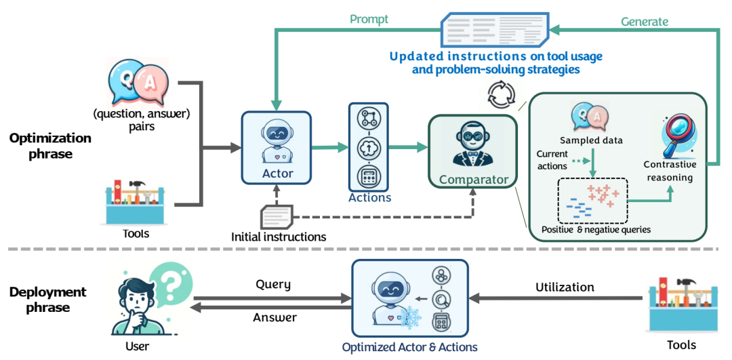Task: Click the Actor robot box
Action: pyautogui.click(x=276, y=148)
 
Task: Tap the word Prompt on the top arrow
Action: pyautogui.click(x=369, y=19)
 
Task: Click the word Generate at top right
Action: pyautogui.click(x=645, y=22)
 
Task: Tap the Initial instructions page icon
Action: pyautogui.click(x=277, y=217)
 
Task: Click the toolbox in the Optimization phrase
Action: pyautogui.click(x=136, y=201)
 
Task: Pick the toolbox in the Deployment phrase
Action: pyautogui.click(x=680, y=306)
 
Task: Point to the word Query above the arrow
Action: pyautogui.click(x=273, y=284)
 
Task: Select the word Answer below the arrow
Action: pyautogui.click(x=274, y=317)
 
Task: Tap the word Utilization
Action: pyautogui.click(x=565, y=287)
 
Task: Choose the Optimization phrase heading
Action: pyautogui.click(x=50, y=145)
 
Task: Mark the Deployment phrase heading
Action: pyautogui.click(x=47, y=300)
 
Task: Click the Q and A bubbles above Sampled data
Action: pyautogui.click(x=588, y=117)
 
